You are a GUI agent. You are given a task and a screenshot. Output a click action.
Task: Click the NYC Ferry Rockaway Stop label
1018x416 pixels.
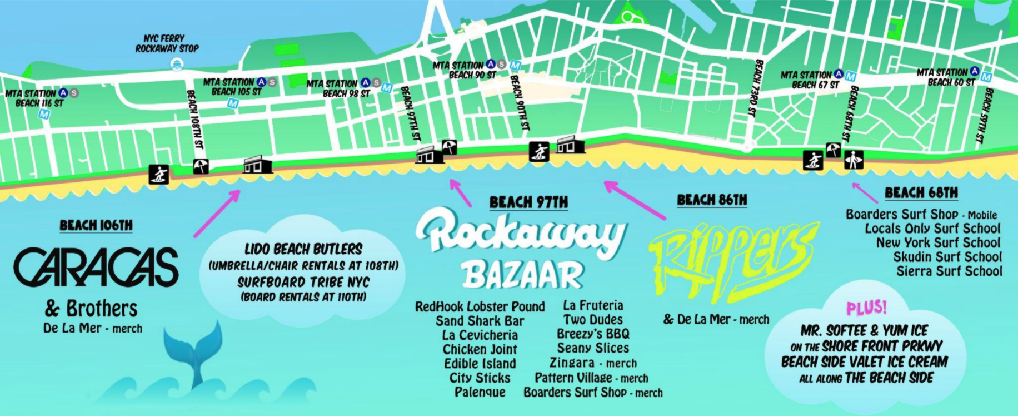(x=167, y=43)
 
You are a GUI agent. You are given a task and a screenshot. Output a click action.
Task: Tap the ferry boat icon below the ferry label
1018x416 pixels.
(x=177, y=65)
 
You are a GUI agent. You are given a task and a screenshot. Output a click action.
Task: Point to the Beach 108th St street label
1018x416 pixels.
(x=194, y=119)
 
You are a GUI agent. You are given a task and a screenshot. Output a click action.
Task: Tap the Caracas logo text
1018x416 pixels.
(x=96, y=268)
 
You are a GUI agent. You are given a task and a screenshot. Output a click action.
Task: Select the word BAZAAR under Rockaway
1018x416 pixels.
(x=522, y=275)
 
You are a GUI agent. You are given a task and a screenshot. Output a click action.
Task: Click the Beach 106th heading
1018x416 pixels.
(x=96, y=225)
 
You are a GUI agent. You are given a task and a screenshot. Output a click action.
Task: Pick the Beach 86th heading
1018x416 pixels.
(x=712, y=200)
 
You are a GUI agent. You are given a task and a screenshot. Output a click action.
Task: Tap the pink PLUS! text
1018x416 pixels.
(x=866, y=308)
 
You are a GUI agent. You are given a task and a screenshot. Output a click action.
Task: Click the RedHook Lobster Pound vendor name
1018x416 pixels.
(x=480, y=306)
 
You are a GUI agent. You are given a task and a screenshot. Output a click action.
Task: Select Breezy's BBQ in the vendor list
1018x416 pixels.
(x=593, y=334)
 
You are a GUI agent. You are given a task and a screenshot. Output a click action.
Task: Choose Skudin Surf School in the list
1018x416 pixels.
(x=947, y=257)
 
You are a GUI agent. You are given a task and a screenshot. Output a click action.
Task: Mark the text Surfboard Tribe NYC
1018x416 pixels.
(x=303, y=282)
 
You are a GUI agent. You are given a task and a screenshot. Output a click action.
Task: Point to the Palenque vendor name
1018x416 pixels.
(x=480, y=392)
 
